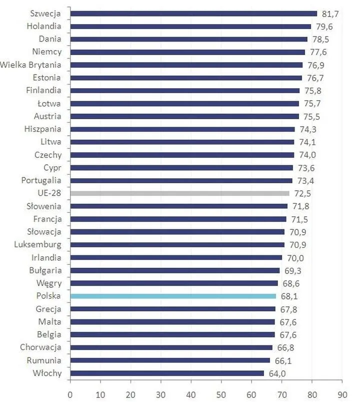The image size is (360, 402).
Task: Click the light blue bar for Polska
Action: pos(172,296)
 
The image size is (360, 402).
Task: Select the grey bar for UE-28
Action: pos(179,193)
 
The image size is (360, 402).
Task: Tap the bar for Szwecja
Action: pos(193,14)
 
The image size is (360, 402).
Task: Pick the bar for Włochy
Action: pos(167,373)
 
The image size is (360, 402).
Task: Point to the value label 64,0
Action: pos(276,373)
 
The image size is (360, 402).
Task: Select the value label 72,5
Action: pos(301,193)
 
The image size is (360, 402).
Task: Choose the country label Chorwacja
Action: pos(40,347)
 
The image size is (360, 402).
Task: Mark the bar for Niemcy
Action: pos(187,52)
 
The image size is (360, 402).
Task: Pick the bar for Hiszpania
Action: pos(182,129)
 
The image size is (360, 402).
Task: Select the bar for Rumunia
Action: pos(170,360)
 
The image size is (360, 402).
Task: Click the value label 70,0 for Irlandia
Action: pos(294,258)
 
